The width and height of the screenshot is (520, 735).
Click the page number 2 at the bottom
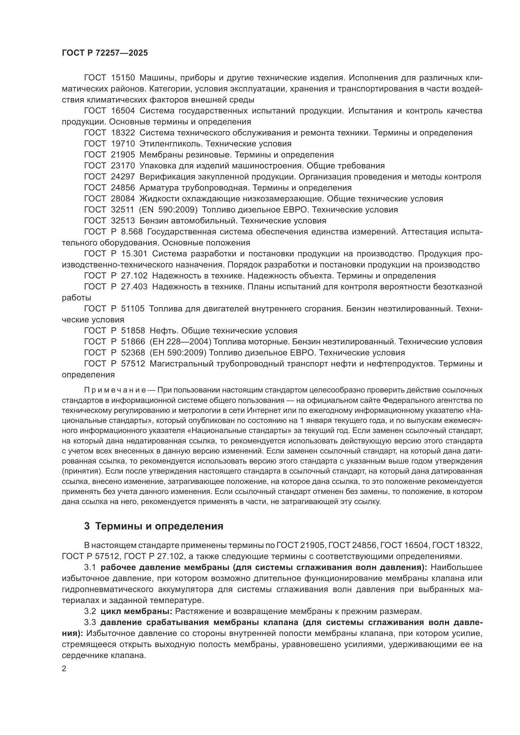tap(64, 669)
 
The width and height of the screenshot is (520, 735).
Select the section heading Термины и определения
tap(159, 526)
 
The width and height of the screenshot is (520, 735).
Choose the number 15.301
tap(134, 254)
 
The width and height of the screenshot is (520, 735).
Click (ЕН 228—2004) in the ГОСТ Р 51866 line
tap(180, 342)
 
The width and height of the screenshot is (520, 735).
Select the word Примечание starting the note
tap(115, 390)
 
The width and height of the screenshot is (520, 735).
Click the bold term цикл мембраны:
tap(136, 611)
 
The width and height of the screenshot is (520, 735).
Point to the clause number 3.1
tap(90, 568)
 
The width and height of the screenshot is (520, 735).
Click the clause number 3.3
tap(90, 622)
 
